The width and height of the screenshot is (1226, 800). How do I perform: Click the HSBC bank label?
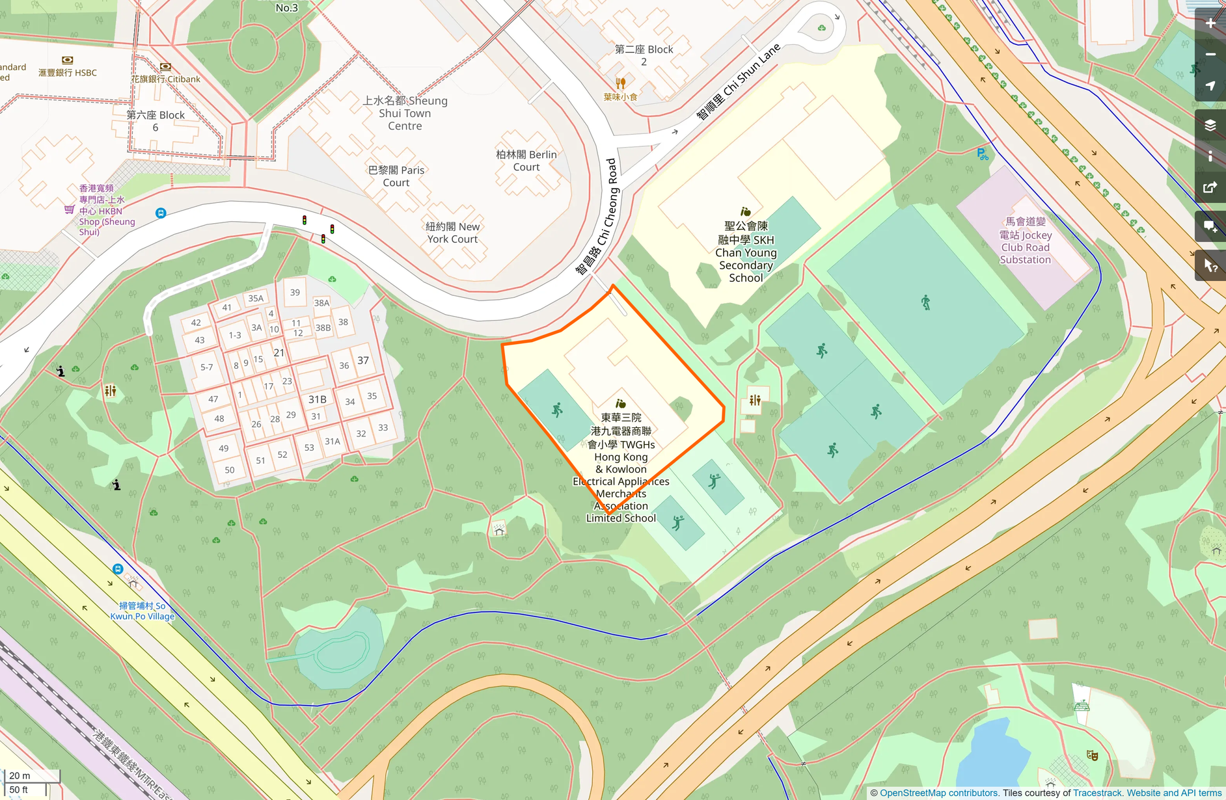click(68, 73)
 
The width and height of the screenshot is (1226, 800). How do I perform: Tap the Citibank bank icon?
click(165, 66)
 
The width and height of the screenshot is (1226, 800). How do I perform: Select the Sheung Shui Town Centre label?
click(405, 113)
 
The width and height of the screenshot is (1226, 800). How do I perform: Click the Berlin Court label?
click(526, 161)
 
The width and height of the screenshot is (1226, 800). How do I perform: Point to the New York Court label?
click(452, 233)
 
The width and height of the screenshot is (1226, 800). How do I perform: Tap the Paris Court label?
click(396, 176)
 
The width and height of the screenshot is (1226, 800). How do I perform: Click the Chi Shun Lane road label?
click(738, 83)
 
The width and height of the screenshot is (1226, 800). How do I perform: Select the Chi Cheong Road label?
click(597, 216)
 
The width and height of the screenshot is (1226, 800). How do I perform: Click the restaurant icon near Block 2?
click(620, 83)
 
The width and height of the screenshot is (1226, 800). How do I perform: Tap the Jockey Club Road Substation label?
click(1025, 241)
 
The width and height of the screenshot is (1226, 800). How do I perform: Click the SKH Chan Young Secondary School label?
click(746, 252)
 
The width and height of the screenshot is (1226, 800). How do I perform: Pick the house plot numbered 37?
click(363, 360)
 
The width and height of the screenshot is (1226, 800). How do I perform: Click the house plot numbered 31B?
click(318, 399)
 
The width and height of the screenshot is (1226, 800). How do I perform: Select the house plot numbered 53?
click(309, 447)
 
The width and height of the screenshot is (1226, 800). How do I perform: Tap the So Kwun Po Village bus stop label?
click(142, 611)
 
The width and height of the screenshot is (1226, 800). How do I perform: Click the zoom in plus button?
click(1210, 23)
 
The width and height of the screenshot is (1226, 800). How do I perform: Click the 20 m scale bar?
click(31, 775)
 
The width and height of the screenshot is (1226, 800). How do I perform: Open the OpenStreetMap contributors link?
click(938, 793)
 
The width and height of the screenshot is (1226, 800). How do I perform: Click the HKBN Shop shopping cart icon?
click(69, 209)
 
